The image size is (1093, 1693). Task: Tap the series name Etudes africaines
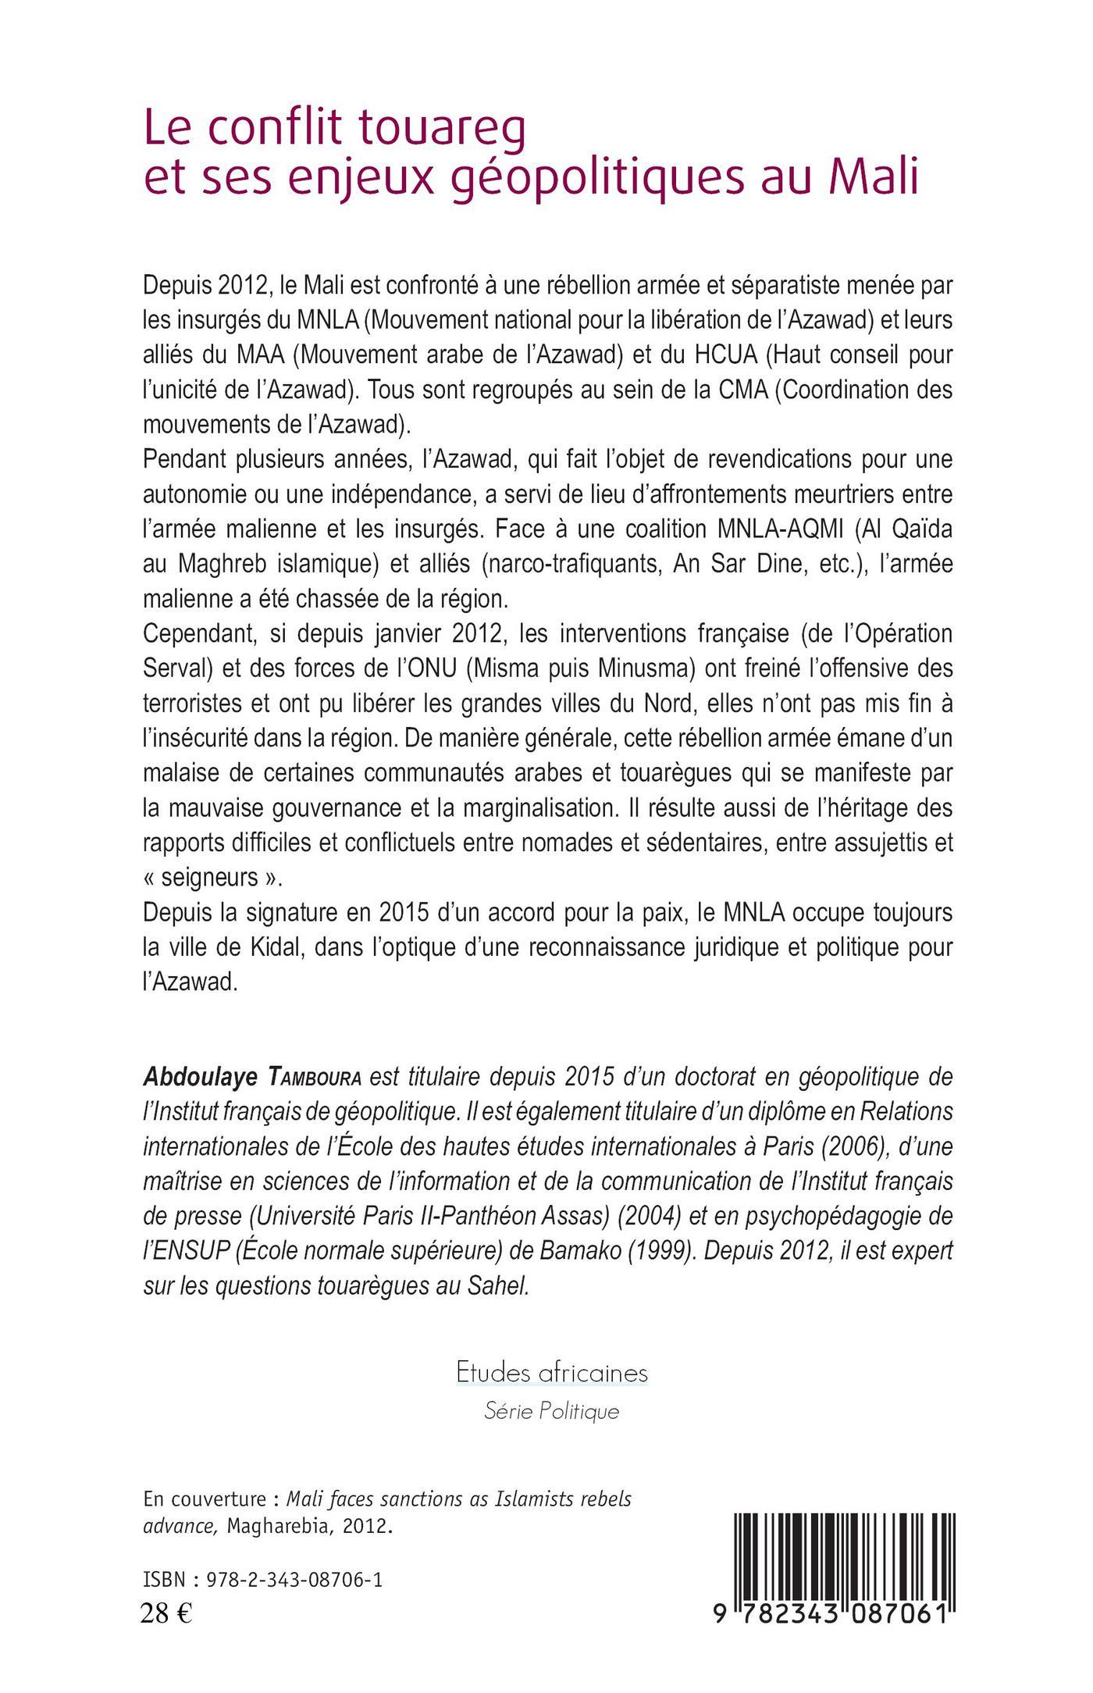pyautogui.click(x=552, y=1372)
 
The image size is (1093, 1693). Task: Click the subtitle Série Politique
pyautogui.click(x=552, y=1411)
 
